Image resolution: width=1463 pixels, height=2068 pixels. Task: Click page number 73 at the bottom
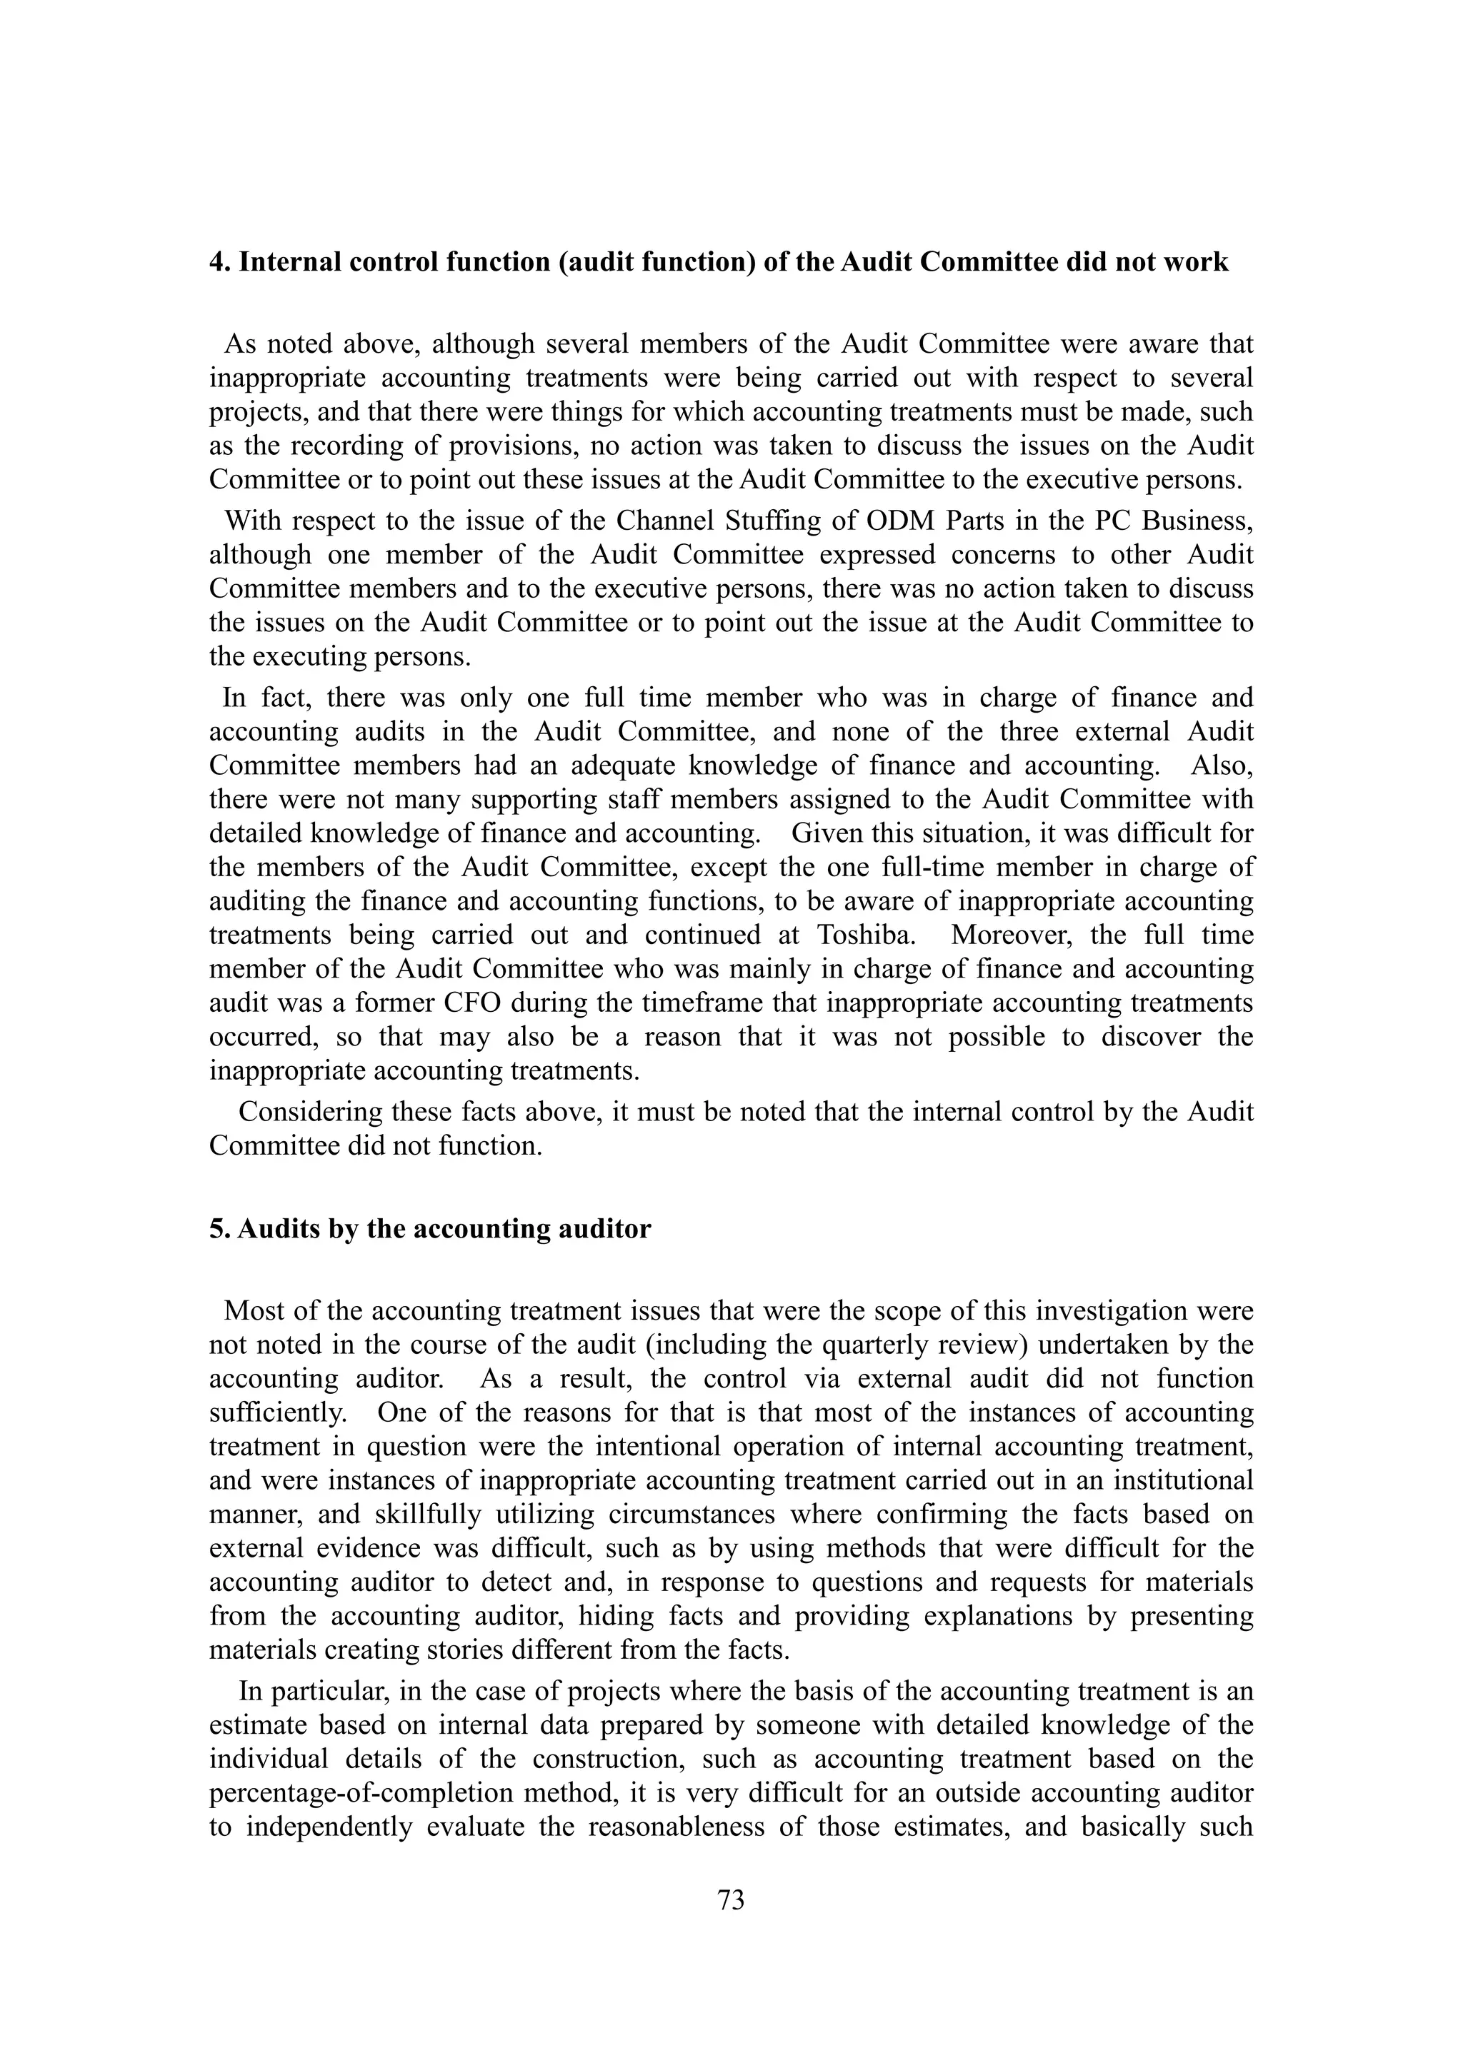click(x=731, y=1900)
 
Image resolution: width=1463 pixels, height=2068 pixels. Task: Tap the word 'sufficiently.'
click(x=279, y=1412)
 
